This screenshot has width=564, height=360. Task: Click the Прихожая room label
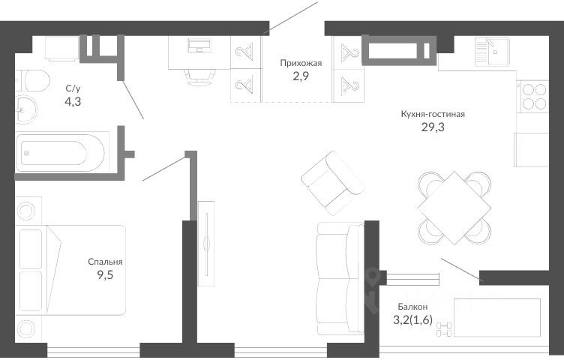coord(301,64)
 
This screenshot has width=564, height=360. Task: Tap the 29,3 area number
coord(433,127)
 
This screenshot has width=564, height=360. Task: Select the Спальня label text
coord(105,262)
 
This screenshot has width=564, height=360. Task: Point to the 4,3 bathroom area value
coord(73,102)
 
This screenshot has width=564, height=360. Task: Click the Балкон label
coord(412,307)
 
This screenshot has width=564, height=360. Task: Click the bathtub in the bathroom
coord(61,152)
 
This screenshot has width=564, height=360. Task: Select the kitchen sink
coord(492,52)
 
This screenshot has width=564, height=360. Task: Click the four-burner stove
coord(534,97)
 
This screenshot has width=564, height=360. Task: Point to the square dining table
coord(454,208)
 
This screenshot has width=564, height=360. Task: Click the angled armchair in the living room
coord(333,183)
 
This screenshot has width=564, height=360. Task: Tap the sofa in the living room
coord(340,279)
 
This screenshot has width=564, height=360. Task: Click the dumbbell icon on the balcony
coord(443,329)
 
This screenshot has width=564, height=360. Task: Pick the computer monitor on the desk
coord(199,45)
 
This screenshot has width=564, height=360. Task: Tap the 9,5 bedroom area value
coord(105,275)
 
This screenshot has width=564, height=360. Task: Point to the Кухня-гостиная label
coord(433,114)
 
